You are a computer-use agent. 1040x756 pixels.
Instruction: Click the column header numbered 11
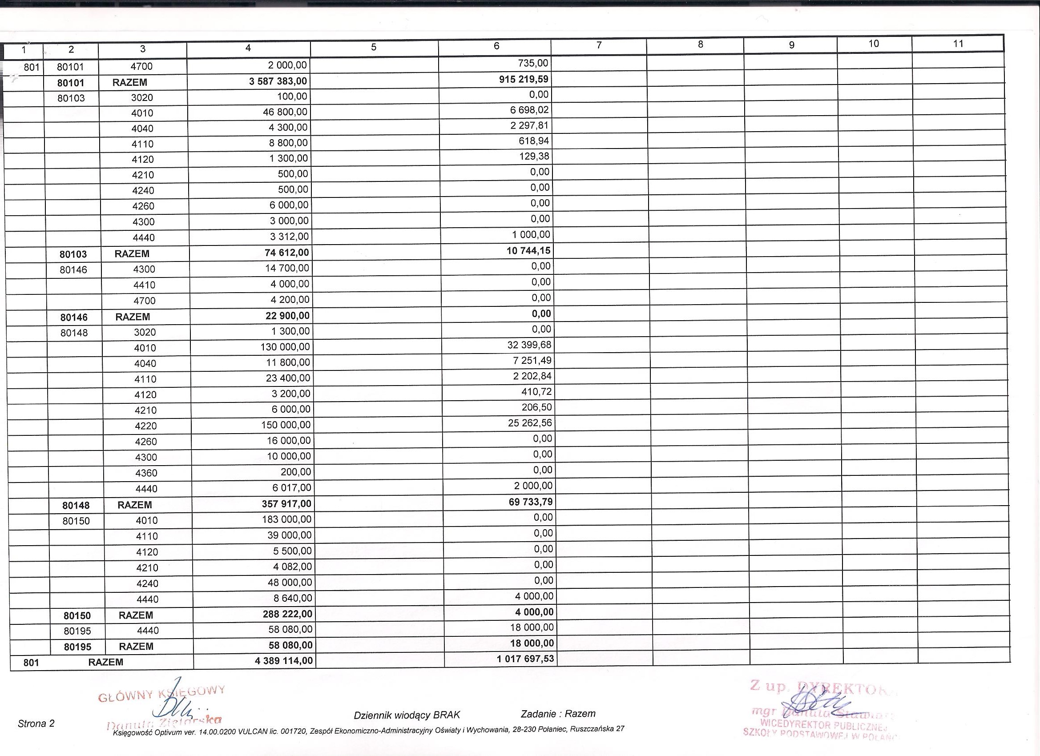click(x=958, y=44)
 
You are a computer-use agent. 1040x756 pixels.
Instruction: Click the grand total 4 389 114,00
click(x=284, y=661)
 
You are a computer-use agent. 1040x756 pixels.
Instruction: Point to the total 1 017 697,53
click(x=525, y=659)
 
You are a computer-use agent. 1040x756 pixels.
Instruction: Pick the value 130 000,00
click(x=285, y=346)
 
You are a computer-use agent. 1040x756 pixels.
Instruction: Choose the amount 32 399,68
click(x=529, y=344)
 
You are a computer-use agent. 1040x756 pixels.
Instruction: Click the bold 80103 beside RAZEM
click(x=73, y=254)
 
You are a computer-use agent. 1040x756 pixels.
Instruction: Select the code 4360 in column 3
click(x=146, y=473)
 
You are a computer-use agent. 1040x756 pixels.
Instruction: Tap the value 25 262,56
click(x=530, y=423)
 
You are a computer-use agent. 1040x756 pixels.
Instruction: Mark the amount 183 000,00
click(x=286, y=519)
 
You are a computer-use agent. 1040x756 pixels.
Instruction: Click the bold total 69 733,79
click(x=531, y=502)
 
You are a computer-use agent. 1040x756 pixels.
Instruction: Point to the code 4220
click(x=146, y=426)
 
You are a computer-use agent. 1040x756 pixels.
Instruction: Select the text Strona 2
click(x=36, y=724)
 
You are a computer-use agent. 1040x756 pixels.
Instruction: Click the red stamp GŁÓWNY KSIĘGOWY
click(x=161, y=693)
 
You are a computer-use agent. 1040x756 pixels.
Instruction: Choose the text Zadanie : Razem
click(x=558, y=713)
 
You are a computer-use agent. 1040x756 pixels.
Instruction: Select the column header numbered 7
click(x=599, y=45)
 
